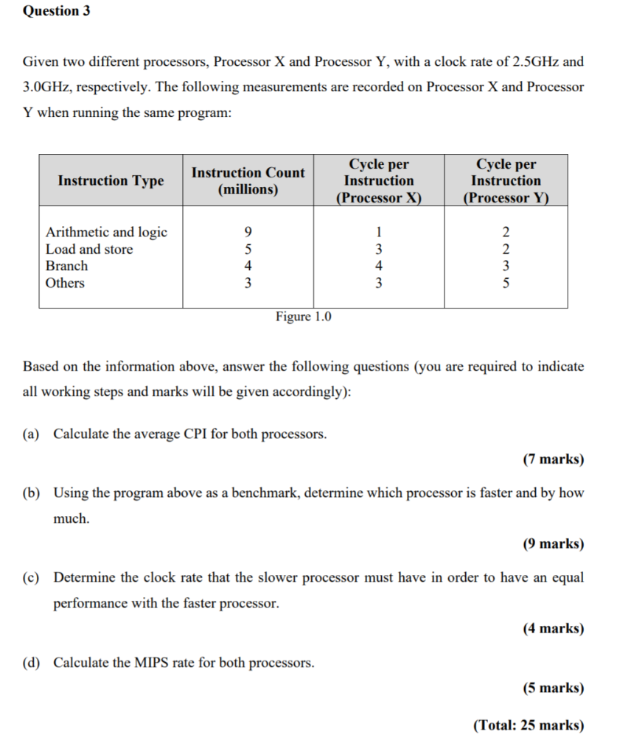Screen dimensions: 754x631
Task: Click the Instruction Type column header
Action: pos(111,181)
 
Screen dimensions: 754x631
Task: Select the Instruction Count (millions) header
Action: pos(248,181)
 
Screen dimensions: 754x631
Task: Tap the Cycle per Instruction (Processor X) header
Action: pos(378,181)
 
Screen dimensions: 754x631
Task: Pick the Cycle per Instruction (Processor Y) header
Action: pos(506,181)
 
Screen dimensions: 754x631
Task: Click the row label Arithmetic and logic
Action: pos(106,232)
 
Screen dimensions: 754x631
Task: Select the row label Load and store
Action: pos(89,250)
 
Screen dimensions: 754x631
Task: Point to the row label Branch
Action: pos(66,267)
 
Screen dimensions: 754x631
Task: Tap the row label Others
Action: pos(65,283)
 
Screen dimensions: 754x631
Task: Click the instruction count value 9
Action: pos(248,233)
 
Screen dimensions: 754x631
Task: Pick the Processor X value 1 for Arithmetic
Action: pos(378,233)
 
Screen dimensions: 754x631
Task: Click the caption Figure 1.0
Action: pos(304,317)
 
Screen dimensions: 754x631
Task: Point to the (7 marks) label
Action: pos(553,459)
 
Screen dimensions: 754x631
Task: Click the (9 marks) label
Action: pos(553,544)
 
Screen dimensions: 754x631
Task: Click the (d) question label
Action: pos(32,663)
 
